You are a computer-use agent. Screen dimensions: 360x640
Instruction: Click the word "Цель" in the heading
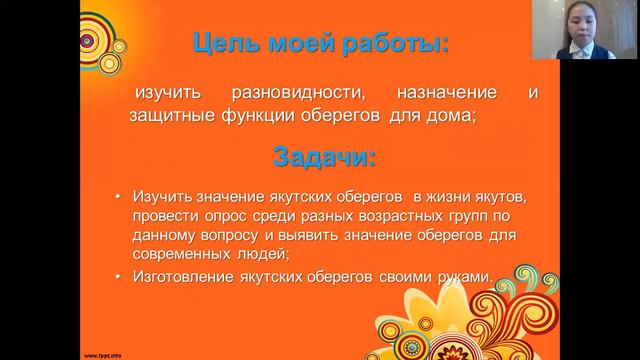click(216, 43)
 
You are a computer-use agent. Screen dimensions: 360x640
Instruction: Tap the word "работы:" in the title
click(391, 43)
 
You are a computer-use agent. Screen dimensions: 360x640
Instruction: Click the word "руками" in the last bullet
click(465, 277)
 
